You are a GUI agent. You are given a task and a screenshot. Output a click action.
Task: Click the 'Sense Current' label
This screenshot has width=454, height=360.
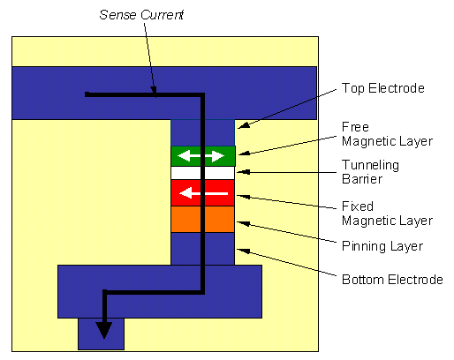tap(141, 15)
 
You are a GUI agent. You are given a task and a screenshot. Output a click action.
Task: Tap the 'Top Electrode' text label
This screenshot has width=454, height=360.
tap(383, 88)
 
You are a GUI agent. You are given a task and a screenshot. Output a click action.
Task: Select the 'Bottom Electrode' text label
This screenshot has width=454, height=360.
tap(392, 280)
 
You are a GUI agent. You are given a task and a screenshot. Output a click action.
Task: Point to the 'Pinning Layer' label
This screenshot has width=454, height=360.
tap(382, 246)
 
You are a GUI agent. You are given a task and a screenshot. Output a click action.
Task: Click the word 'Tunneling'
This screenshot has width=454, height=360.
tap(370, 165)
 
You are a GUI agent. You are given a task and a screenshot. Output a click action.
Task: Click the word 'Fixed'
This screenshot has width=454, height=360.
tap(358, 206)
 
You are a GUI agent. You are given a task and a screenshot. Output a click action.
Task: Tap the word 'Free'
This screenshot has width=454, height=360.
tap(355, 127)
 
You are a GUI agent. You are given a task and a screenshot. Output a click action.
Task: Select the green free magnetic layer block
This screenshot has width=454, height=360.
tap(203, 156)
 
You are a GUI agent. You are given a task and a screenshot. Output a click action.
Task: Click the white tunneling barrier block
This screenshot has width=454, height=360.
tap(203, 173)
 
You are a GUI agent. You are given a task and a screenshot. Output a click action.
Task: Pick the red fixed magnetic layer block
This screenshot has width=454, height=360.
tap(203, 193)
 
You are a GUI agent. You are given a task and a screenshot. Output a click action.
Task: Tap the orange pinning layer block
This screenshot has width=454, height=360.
tap(203, 219)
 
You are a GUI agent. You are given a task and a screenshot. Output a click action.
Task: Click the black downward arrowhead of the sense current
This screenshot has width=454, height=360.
tap(104, 330)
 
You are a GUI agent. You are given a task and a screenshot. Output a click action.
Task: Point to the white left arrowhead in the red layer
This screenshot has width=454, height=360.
tap(185, 193)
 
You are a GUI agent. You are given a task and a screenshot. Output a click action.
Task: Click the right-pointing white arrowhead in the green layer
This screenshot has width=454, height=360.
tap(218, 156)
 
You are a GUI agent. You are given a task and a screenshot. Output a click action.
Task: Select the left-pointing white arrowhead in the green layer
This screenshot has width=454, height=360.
tap(184, 156)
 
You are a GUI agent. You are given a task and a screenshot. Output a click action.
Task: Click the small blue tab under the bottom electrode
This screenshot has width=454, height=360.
tap(101, 334)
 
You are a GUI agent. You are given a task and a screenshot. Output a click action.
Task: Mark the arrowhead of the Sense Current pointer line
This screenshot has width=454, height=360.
tap(154, 91)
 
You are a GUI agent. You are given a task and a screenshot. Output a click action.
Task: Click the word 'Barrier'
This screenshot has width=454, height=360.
tap(362, 179)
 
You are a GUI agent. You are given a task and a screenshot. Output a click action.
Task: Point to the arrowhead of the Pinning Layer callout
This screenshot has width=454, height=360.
tap(243, 224)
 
